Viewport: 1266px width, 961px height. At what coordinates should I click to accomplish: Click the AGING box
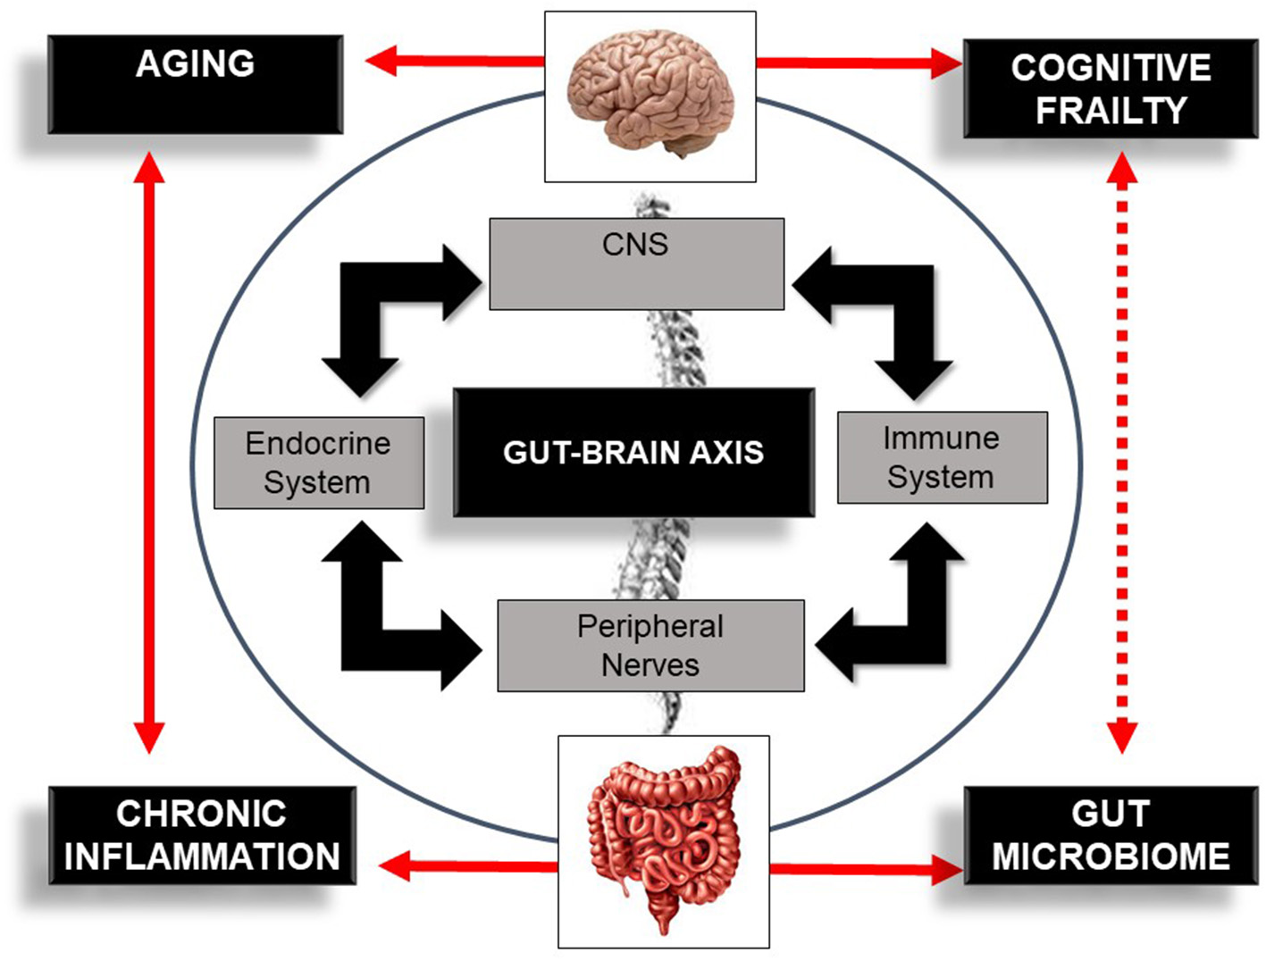point(195,84)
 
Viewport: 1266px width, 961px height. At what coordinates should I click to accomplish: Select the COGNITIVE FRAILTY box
point(1110,88)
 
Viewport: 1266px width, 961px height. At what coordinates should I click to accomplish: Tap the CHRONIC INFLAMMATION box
point(202,835)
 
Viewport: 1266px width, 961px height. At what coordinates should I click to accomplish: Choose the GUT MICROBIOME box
point(1111,835)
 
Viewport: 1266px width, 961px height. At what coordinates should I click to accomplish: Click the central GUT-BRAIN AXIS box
point(633,452)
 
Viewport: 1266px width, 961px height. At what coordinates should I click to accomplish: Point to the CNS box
point(636,263)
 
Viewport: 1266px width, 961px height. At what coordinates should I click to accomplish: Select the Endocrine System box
point(319,463)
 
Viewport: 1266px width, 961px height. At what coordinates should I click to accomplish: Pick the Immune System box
point(942,457)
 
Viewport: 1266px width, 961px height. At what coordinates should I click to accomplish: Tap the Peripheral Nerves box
point(650,645)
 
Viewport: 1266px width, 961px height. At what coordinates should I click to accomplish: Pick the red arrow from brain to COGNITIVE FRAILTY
point(858,63)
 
